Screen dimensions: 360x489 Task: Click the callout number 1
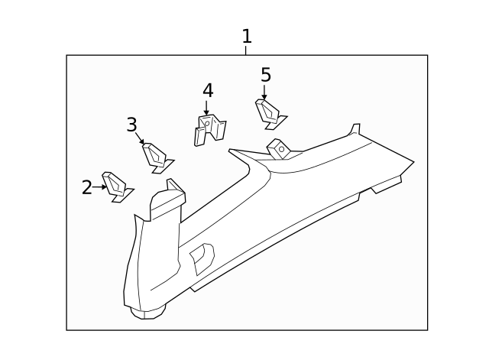(246, 36)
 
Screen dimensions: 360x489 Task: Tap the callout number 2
(87, 186)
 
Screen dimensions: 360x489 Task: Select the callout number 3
(131, 125)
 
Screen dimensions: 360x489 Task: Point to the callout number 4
(207, 90)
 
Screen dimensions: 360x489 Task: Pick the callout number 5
(265, 74)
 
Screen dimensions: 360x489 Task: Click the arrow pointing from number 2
(99, 186)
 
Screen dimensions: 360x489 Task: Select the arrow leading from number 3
(140, 138)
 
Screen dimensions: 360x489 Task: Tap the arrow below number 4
(206, 108)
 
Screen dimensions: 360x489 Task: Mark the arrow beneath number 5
(264, 92)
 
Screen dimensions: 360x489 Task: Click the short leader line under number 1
(246, 50)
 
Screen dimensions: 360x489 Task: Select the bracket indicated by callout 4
(208, 128)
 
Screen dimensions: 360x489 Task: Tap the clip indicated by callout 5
(270, 112)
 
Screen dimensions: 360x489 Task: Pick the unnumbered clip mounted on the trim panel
(277, 148)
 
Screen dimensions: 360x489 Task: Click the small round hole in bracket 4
(205, 122)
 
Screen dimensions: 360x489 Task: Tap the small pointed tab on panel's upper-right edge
(354, 129)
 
